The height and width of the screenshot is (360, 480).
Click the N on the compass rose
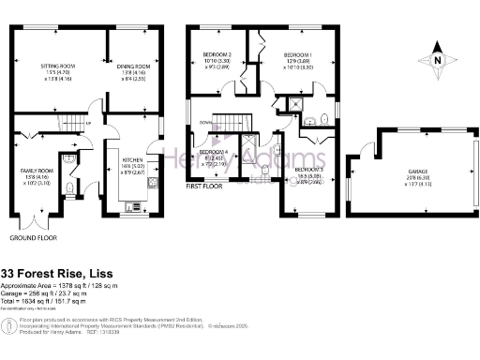coord(438,60)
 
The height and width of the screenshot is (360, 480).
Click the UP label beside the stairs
coord(88,124)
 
